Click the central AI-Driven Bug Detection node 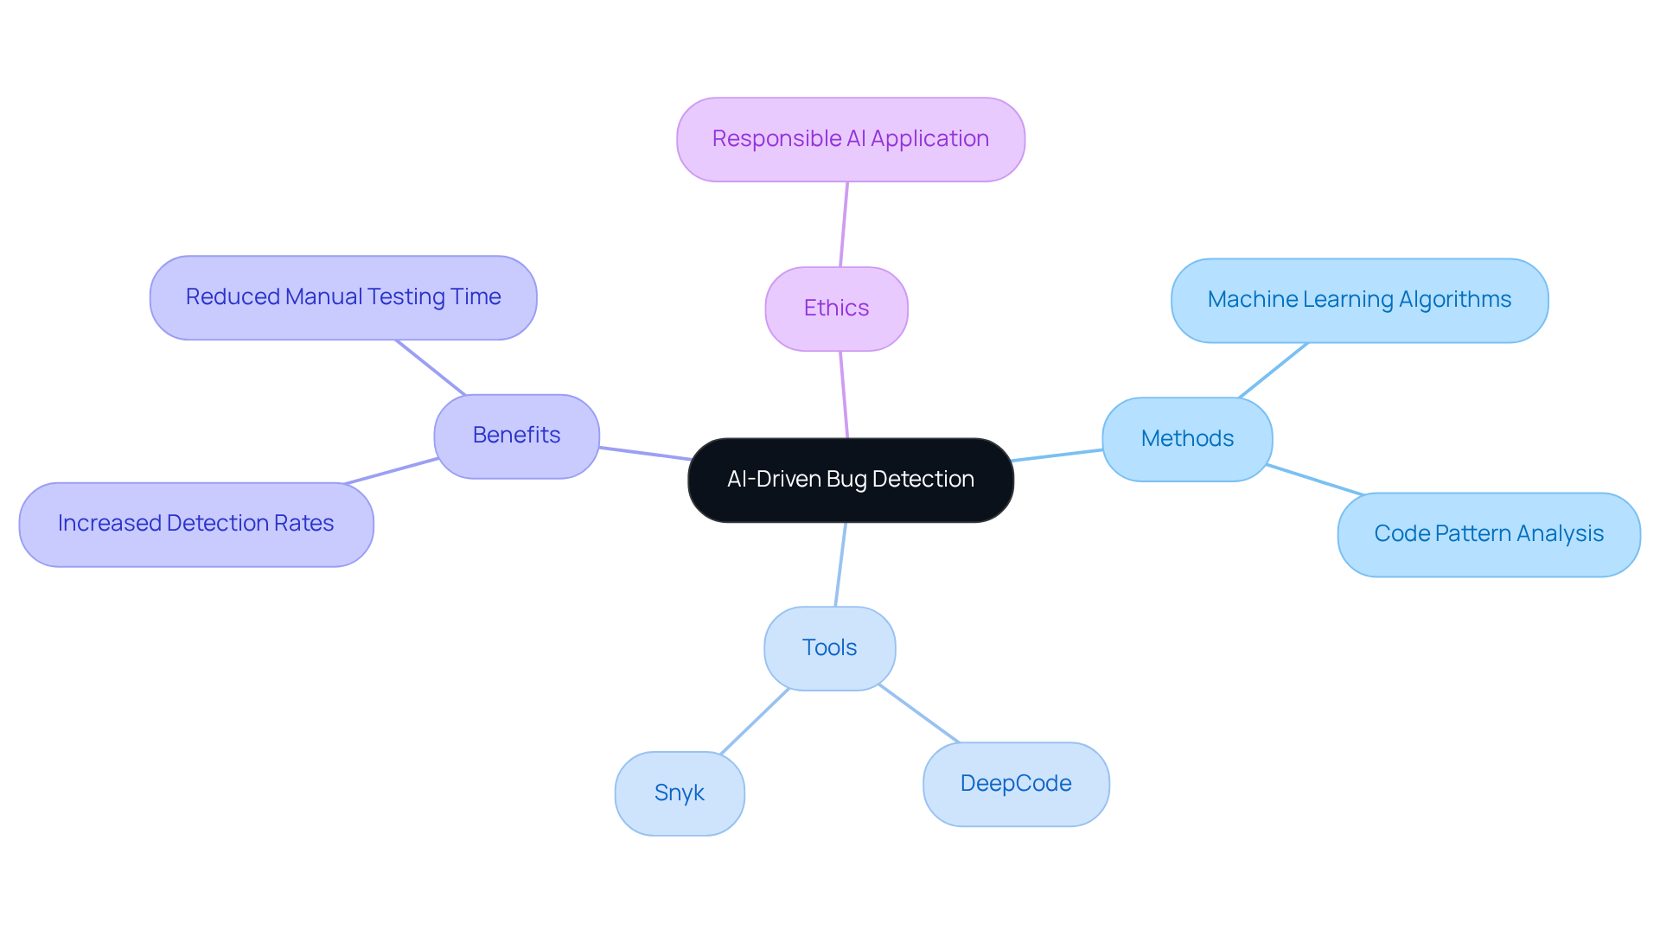850,480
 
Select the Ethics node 836,309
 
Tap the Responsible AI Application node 850,139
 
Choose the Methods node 1187,439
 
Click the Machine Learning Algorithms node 1359,300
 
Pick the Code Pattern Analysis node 1488,534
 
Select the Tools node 829,648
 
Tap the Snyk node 680,793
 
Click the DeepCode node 1016,784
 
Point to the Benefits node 516,436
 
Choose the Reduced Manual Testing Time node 343,297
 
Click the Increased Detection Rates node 196,524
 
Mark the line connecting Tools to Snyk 755,722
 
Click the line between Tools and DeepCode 918,713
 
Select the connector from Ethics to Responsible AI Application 844,224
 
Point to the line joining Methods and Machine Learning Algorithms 1273,370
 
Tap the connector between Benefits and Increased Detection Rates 392,471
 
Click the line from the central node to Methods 1057,455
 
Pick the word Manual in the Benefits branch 323,297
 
